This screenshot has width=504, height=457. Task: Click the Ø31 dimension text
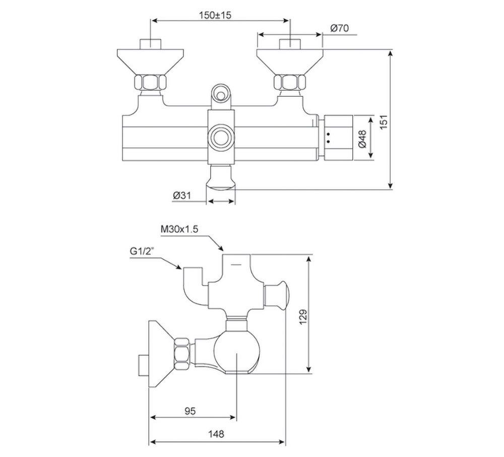point(181,195)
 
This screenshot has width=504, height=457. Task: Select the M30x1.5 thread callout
point(179,229)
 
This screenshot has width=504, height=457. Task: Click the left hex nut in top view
point(150,83)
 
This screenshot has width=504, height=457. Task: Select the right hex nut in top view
point(289,83)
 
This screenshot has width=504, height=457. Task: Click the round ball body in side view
point(236,352)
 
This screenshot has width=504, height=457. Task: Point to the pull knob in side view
point(279,296)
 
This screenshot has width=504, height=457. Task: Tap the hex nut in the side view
point(182,354)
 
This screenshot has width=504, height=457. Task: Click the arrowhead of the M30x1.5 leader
point(221,249)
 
